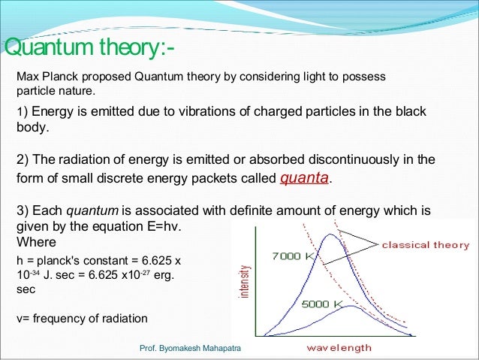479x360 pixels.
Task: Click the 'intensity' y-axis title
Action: [x=243, y=279]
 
